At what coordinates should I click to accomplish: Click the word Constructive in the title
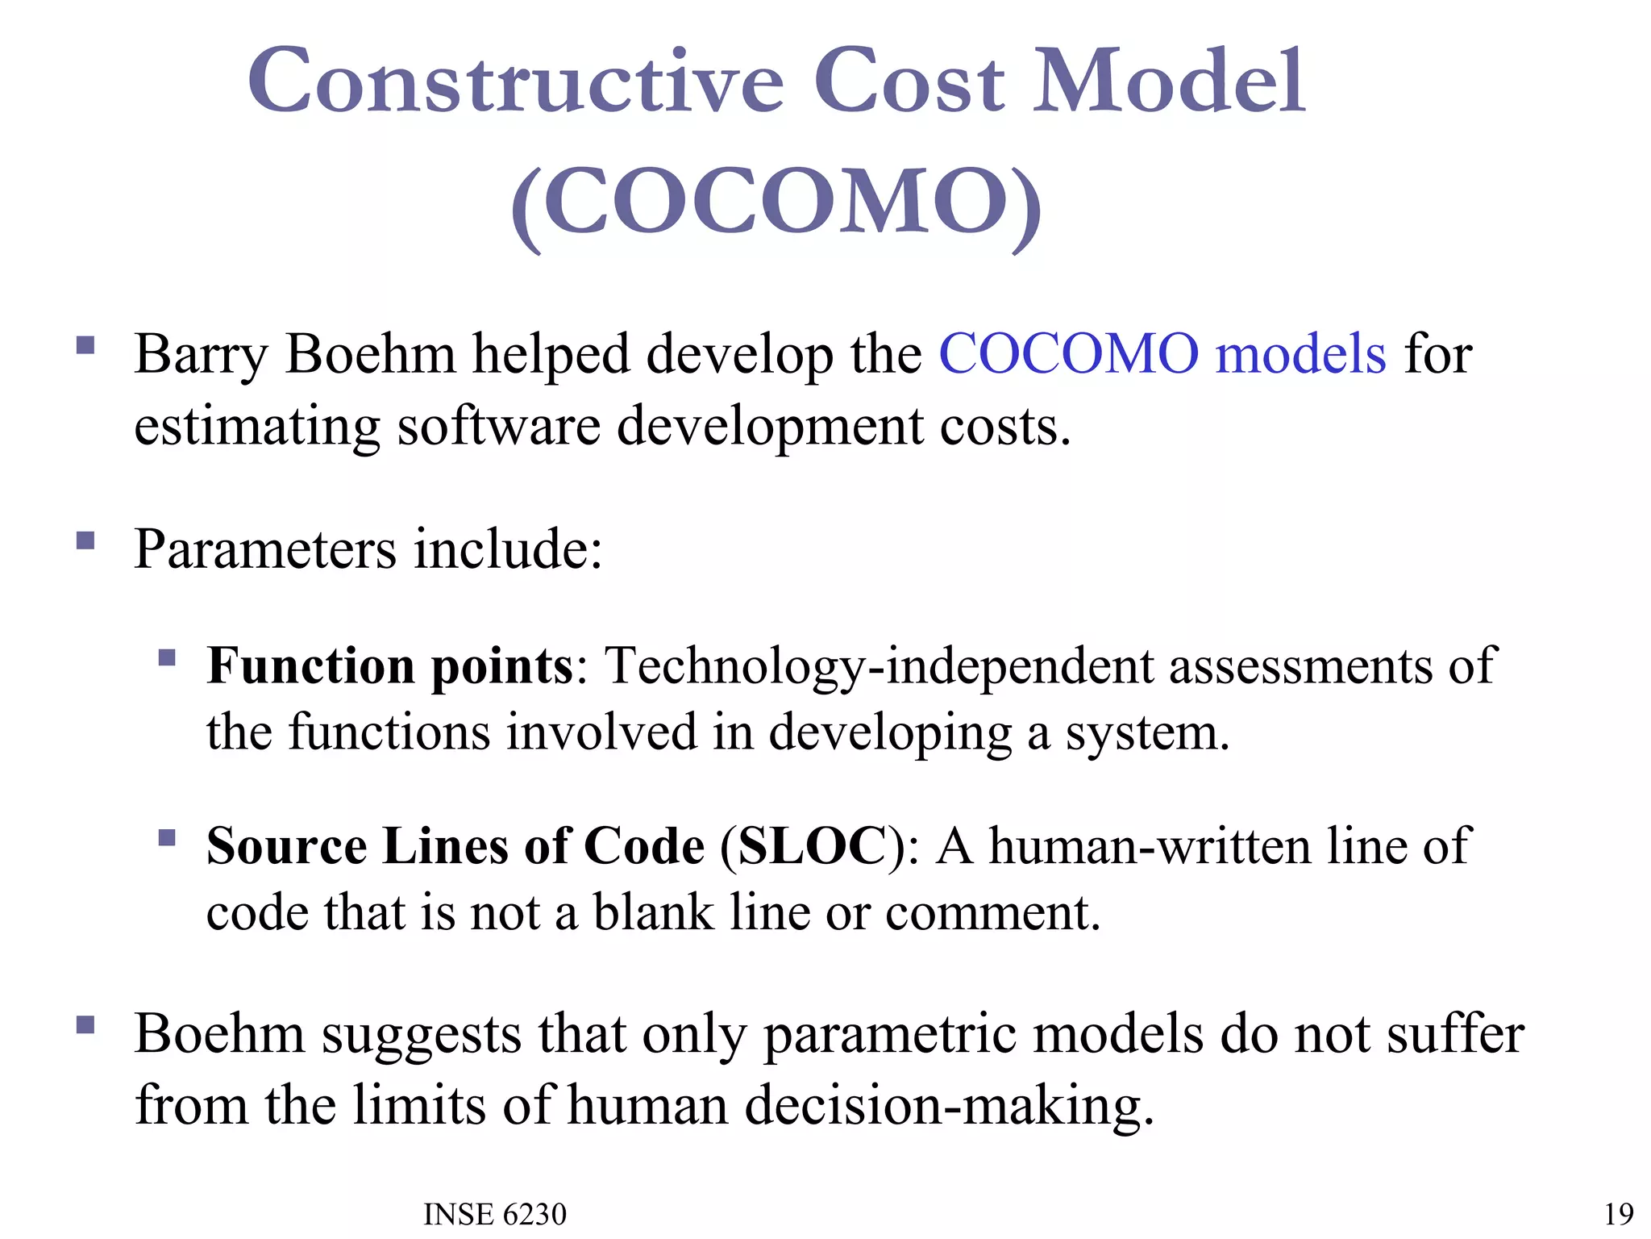click(x=516, y=82)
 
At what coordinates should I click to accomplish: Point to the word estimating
click(x=256, y=428)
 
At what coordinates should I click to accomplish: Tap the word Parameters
click(x=265, y=549)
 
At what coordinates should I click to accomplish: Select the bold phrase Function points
click(x=389, y=666)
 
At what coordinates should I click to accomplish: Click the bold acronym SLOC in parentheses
click(x=812, y=846)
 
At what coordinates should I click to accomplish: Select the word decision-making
click(x=948, y=1106)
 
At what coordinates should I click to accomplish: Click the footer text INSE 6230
click(x=494, y=1214)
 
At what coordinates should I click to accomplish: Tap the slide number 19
click(x=1618, y=1214)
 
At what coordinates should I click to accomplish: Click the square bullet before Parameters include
click(x=85, y=540)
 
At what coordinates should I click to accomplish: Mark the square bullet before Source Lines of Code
click(x=167, y=837)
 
